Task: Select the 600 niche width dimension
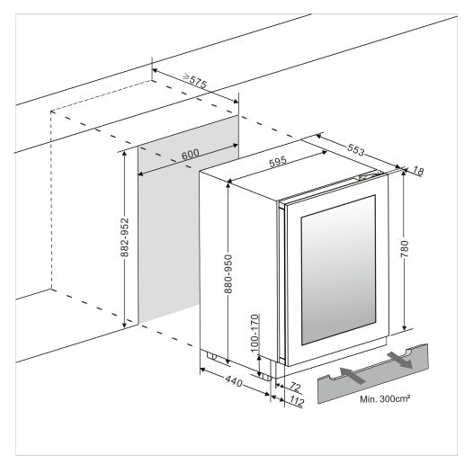(190, 154)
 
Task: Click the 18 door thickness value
(416, 170)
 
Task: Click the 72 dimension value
(293, 388)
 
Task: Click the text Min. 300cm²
(384, 396)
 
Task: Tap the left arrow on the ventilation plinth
(352, 374)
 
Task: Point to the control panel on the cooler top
(369, 176)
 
